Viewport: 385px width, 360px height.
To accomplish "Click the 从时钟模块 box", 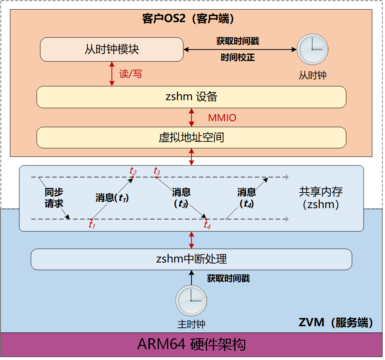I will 111,49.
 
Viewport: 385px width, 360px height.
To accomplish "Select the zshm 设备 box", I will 191,97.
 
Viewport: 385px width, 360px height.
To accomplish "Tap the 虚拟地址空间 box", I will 191,137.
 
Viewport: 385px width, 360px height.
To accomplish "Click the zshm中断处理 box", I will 191,259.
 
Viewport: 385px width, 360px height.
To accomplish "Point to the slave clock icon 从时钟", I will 312,49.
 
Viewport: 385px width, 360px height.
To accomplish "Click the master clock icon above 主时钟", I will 191,301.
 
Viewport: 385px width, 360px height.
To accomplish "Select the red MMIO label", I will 222,118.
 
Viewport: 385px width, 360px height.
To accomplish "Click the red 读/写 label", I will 131,74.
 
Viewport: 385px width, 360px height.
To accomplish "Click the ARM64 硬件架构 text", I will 191,344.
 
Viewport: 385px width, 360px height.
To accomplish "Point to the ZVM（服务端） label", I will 336,322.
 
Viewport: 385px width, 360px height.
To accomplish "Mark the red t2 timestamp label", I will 133,171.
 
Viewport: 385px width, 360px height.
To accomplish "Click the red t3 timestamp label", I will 157,171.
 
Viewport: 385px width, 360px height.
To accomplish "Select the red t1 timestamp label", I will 92,225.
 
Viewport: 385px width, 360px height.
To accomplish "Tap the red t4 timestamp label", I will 207,225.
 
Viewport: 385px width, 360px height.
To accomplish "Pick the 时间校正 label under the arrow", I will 238,58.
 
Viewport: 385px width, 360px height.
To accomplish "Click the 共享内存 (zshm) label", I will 321,198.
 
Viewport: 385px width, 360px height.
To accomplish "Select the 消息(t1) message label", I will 112,198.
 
